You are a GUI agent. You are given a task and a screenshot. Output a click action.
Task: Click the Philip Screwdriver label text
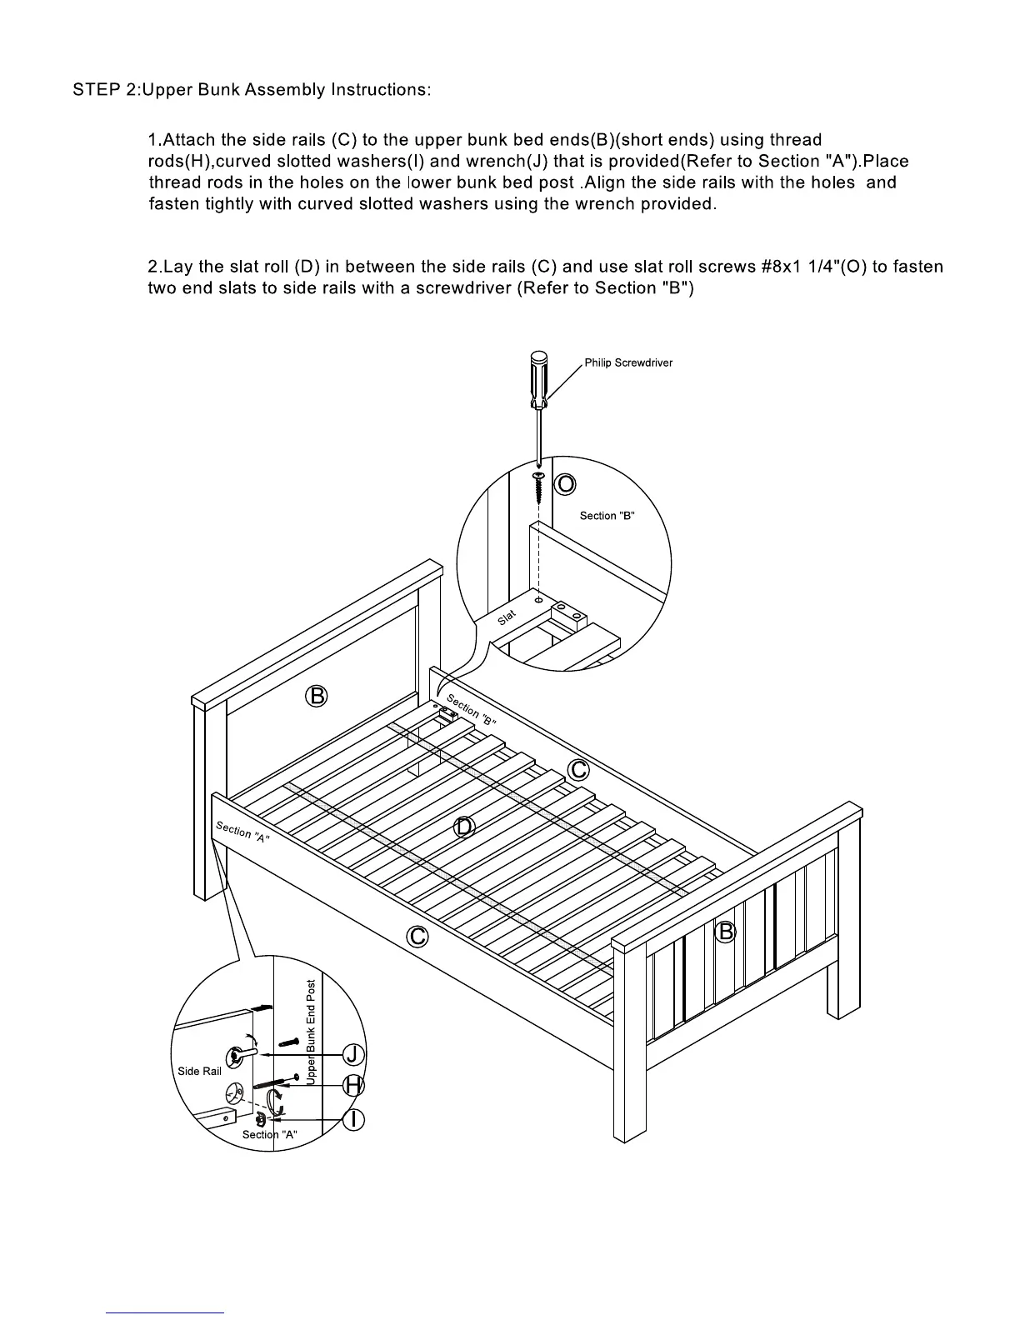pyautogui.click(x=627, y=362)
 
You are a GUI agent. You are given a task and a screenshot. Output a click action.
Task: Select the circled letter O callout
pyautogui.click(x=565, y=484)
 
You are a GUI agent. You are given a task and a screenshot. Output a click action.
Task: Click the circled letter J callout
pyautogui.click(x=355, y=1054)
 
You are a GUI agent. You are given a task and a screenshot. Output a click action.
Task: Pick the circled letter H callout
pyautogui.click(x=355, y=1086)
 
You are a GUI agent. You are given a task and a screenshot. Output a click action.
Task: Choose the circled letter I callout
pyautogui.click(x=355, y=1119)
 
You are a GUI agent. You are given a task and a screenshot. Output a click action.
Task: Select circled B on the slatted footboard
pyautogui.click(x=726, y=931)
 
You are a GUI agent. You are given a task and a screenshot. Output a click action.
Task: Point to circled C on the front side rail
pyautogui.click(x=417, y=937)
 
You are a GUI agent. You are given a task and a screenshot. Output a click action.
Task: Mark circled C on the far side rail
pyautogui.click(x=578, y=769)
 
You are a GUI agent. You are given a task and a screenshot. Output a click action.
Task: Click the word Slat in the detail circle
pyautogui.click(x=507, y=617)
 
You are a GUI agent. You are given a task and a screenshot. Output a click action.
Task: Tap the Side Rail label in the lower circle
pyautogui.click(x=200, y=1071)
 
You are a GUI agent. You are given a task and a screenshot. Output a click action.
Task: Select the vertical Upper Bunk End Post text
pyautogui.click(x=311, y=1031)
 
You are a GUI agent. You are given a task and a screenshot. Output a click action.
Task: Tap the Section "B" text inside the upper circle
pyautogui.click(x=607, y=516)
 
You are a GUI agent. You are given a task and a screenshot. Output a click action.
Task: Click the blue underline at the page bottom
pyautogui.click(x=165, y=1312)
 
